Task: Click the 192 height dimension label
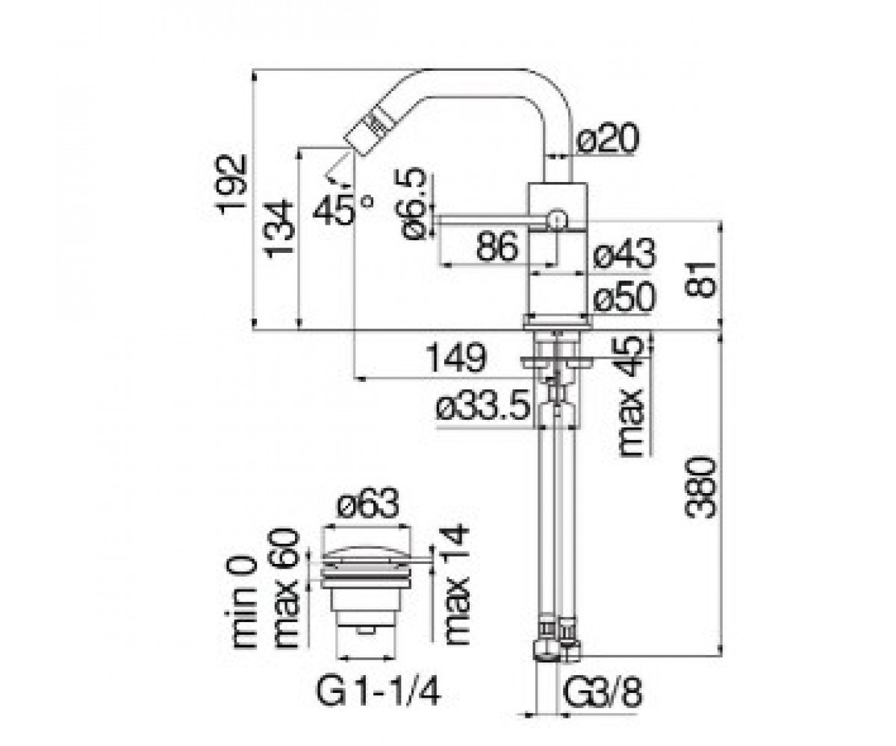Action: click(232, 184)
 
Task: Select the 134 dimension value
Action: click(280, 229)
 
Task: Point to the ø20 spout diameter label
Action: click(608, 138)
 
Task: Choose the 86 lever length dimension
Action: click(497, 246)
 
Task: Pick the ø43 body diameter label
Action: click(625, 254)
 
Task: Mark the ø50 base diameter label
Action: click(625, 297)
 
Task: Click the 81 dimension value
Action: click(700, 279)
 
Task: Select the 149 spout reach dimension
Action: click(456, 357)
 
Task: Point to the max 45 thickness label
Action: click(630, 396)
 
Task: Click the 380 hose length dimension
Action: click(700, 488)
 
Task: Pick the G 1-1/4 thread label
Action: click(378, 689)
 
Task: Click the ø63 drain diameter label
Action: click(368, 503)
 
